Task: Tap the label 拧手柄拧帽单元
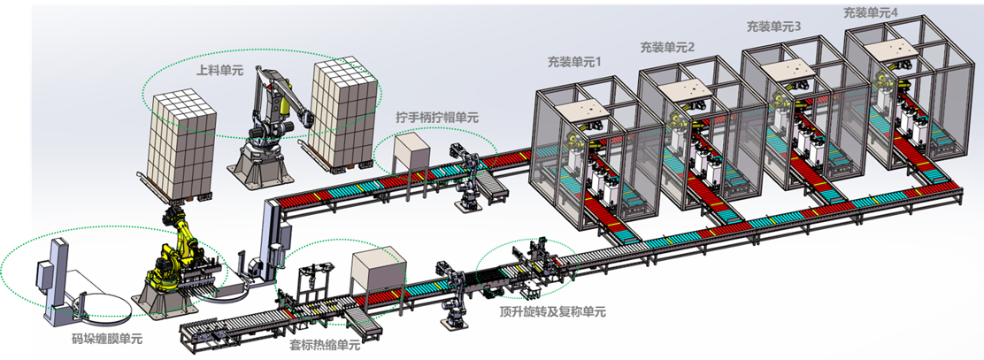(436, 116)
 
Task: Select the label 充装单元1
(573, 63)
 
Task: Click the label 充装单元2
(667, 45)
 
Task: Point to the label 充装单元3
(773, 27)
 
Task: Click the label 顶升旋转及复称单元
(552, 311)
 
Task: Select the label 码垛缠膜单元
(105, 338)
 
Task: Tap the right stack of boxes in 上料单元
(342, 111)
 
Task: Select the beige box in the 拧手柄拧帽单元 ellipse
(411, 153)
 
